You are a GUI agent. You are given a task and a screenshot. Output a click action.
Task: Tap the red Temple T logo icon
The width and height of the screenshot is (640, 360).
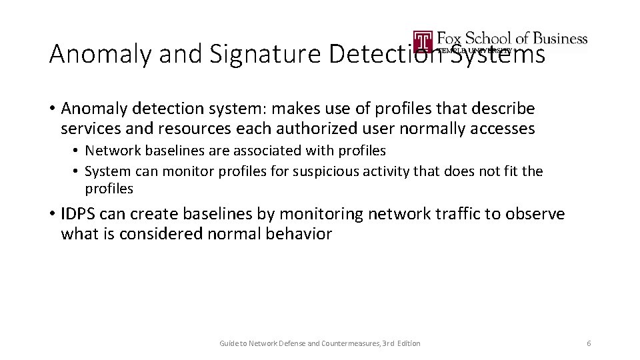423,41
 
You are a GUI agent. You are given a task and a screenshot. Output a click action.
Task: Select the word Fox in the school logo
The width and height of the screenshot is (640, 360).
451,38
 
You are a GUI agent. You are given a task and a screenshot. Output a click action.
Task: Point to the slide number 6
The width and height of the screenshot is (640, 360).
589,343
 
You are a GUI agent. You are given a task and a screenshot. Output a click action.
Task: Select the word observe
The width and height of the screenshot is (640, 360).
535,214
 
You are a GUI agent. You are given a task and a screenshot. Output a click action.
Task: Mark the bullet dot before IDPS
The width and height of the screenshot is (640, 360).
53,215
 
